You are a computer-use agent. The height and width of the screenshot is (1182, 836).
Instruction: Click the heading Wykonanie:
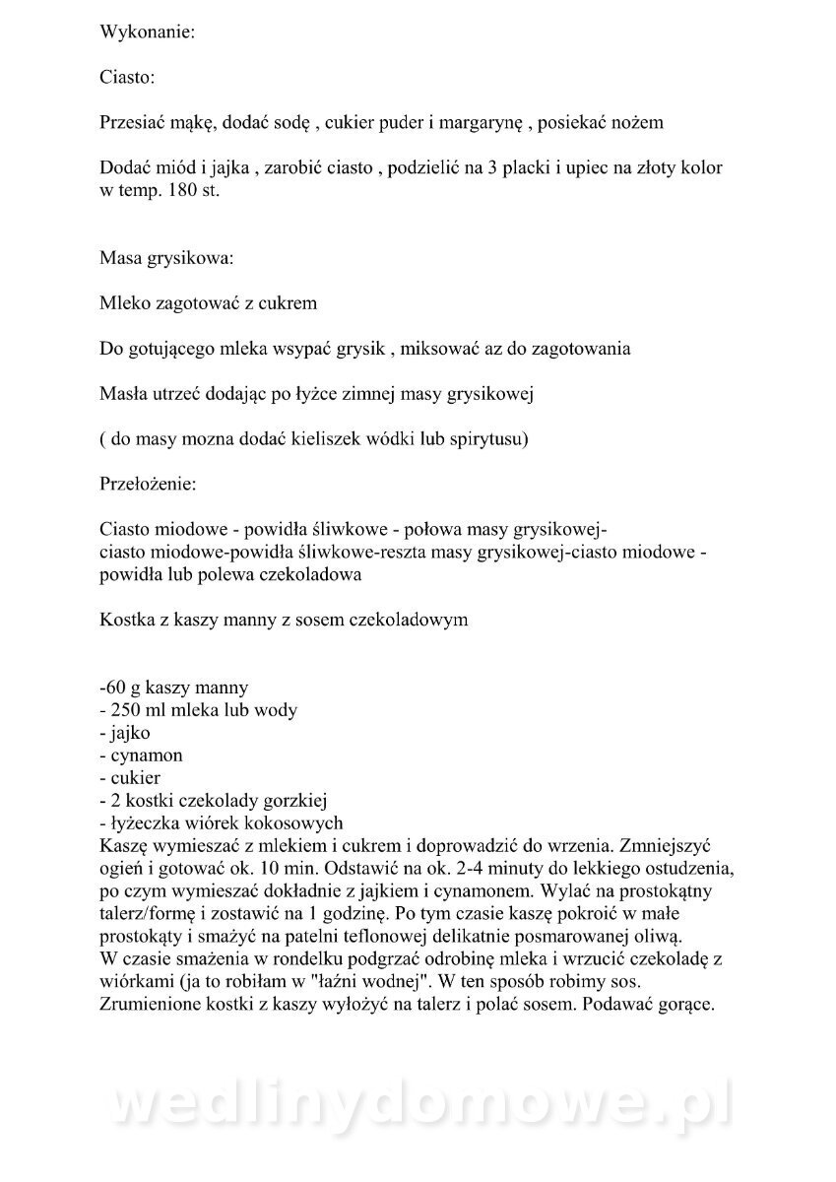(x=148, y=32)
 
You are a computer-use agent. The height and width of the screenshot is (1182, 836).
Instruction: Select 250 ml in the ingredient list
(x=141, y=709)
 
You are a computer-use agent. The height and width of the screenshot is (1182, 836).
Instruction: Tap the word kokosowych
(x=295, y=822)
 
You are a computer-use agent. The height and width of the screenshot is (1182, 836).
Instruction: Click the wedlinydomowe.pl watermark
(x=418, y=1107)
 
